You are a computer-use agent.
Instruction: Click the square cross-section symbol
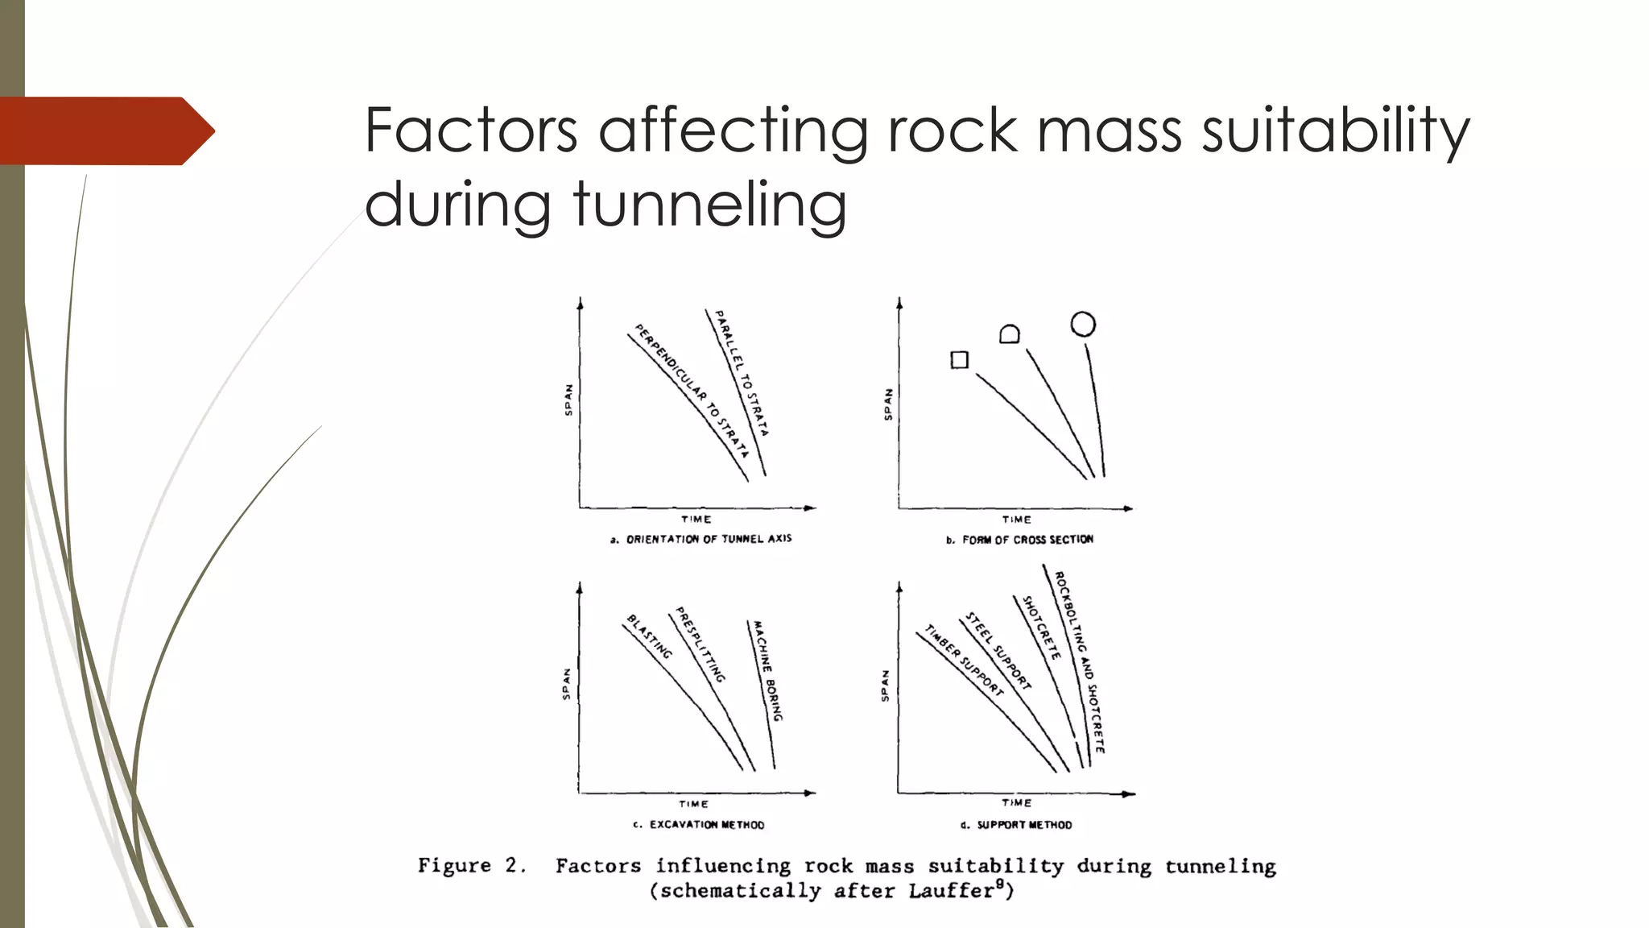click(x=959, y=360)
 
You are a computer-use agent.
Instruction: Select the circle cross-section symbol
click(x=1083, y=324)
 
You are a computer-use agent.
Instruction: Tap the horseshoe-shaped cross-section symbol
click(x=1009, y=334)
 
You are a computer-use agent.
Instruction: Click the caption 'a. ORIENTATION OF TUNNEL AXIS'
click(x=701, y=539)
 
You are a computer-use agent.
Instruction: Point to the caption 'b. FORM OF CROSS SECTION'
click(x=1019, y=540)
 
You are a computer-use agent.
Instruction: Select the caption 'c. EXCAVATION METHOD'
click(x=698, y=825)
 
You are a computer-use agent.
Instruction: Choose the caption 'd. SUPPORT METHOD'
click(x=1016, y=825)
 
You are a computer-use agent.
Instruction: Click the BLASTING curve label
click(x=649, y=636)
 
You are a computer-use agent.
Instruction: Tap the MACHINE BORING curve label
click(x=765, y=670)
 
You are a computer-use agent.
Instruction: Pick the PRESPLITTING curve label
click(x=701, y=644)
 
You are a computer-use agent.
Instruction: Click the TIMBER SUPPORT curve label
click(x=964, y=660)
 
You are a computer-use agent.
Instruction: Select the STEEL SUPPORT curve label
click(x=998, y=651)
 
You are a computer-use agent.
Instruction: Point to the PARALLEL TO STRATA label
click(x=742, y=373)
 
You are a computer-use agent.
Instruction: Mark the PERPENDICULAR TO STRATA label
click(x=692, y=390)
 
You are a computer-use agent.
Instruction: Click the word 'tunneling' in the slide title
click(x=710, y=203)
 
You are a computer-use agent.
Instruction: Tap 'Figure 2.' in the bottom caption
click(x=472, y=866)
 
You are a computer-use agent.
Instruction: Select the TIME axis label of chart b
click(x=1016, y=520)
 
